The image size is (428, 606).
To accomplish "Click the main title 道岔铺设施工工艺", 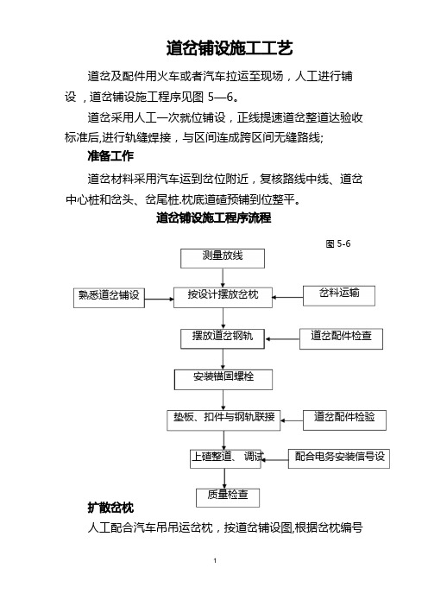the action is [x=230, y=48].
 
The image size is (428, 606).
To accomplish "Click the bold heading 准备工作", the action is [x=110, y=156].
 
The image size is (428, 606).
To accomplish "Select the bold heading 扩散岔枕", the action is [x=110, y=508].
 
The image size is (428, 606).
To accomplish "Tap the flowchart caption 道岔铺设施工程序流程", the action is [x=214, y=218].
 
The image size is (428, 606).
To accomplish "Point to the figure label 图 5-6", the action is [x=338, y=244].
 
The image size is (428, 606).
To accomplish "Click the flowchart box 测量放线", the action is [x=223, y=259].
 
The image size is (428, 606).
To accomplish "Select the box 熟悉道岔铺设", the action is [x=109, y=298].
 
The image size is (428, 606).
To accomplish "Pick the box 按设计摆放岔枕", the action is [x=223, y=298].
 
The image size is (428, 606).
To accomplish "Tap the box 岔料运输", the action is [x=339, y=295].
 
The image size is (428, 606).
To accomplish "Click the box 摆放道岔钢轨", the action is [x=223, y=339].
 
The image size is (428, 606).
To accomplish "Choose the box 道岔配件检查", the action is [x=341, y=339].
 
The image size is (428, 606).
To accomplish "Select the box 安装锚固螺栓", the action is [x=223, y=380].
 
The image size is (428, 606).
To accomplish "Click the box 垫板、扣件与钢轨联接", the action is [x=223, y=420].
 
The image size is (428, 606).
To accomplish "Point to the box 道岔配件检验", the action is [x=344, y=420].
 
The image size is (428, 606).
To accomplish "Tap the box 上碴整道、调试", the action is [x=225, y=459].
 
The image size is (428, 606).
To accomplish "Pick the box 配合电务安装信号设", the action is [x=339, y=458].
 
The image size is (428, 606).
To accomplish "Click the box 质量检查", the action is [x=228, y=498].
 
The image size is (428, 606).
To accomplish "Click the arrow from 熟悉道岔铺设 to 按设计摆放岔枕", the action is [x=159, y=299].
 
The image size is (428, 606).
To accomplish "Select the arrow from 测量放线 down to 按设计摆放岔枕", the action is [x=223, y=278].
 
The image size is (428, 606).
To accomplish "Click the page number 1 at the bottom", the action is [x=215, y=561].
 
